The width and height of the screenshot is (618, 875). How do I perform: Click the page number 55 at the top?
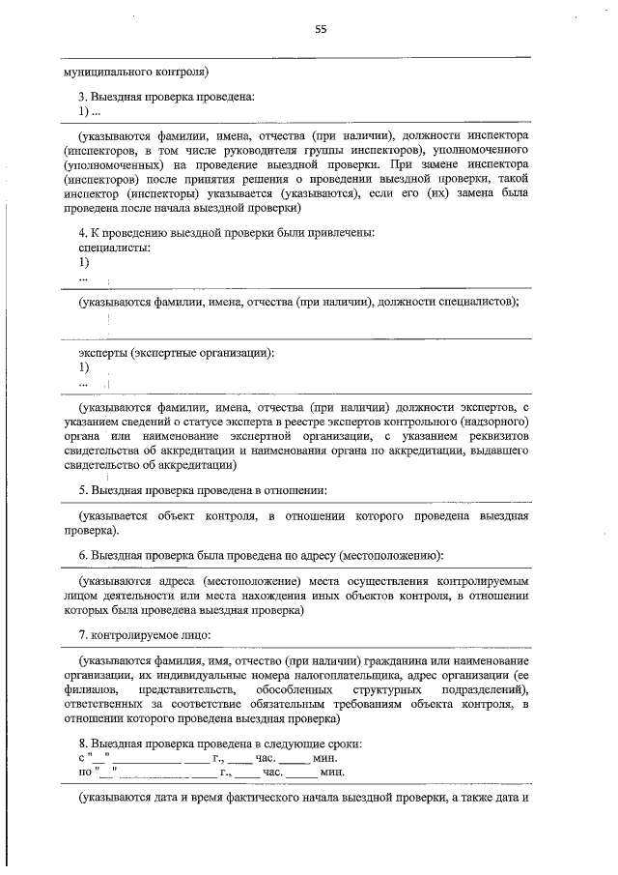[x=322, y=29]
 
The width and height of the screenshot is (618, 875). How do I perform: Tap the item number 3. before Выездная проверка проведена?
[x=84, y=98]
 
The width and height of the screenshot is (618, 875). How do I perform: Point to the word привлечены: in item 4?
[x=344, y=232]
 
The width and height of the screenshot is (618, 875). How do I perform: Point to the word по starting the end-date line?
[x=84, y=773]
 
